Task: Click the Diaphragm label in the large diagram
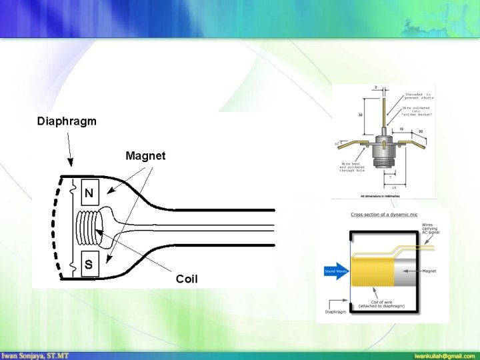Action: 67,121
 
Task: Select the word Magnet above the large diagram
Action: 146,156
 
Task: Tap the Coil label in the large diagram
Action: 187,279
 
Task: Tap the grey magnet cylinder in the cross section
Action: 406,272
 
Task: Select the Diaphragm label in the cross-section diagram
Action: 335,311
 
